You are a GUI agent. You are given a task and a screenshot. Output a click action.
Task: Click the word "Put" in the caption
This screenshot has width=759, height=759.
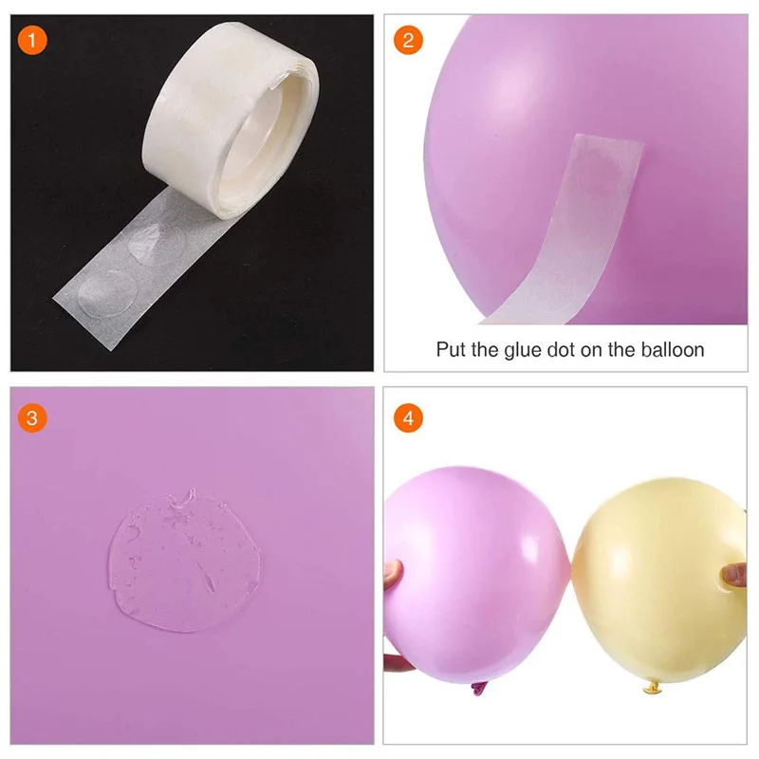(453, 349)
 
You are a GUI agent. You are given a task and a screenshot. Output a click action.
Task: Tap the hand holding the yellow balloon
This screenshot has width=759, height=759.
(732, 575)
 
